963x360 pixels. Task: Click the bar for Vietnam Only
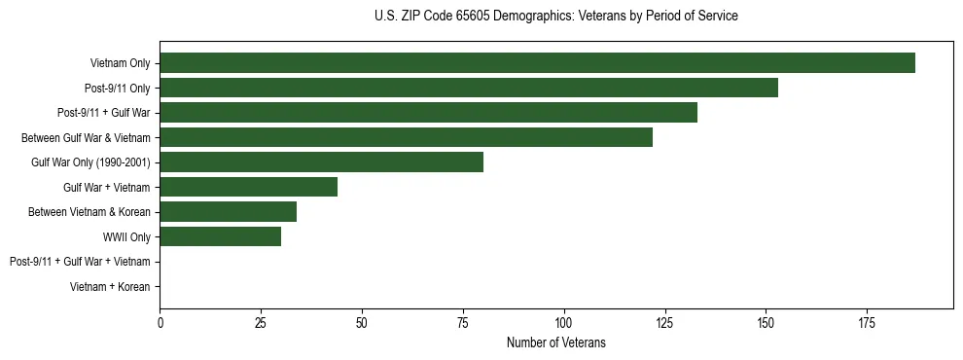pos(537,63)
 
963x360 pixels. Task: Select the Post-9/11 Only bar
pos(469,88)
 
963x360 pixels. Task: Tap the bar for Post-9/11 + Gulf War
pos(428,113)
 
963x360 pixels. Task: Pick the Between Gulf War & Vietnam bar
pos(406,137)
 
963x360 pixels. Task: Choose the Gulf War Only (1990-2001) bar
pos(321,162)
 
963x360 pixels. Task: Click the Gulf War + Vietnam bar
pos(248,187)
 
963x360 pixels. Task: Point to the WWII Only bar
pos(220,236)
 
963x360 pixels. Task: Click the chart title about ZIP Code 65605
pos(555,17)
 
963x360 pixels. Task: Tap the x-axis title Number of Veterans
pos(555,342)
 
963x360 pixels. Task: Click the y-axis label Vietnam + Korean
pos(110,286)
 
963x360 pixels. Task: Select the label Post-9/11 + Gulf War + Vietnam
pos(80,262)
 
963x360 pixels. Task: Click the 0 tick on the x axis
pos(160,322)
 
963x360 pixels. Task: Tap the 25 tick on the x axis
pos(261,322)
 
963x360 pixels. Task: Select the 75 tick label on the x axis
pos(462,322)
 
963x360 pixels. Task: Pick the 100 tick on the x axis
pos(563,322)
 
